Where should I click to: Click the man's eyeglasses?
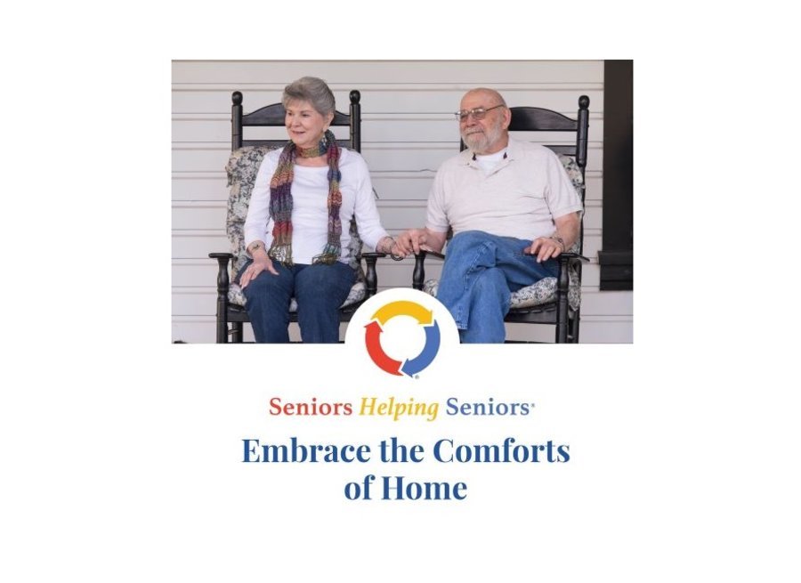coord(478,113)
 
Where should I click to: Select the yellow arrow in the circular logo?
coord(402,312)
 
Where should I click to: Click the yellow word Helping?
coord(399,408)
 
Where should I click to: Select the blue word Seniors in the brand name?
coord(488,408)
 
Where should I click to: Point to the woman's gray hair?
coord(308,92)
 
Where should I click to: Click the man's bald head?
coord(485,96)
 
